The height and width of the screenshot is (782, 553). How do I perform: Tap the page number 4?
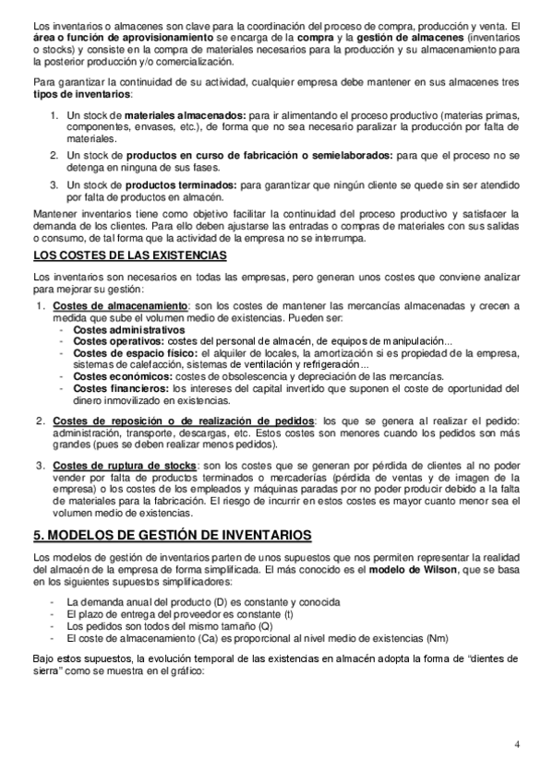517,745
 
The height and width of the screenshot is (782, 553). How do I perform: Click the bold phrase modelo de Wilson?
404,572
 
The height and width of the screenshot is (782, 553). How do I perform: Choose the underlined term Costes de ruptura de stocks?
125,467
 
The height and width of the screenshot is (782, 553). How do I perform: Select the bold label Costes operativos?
114,341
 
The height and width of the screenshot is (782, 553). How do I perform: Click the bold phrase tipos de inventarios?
81,95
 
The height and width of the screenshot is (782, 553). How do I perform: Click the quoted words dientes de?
496,659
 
